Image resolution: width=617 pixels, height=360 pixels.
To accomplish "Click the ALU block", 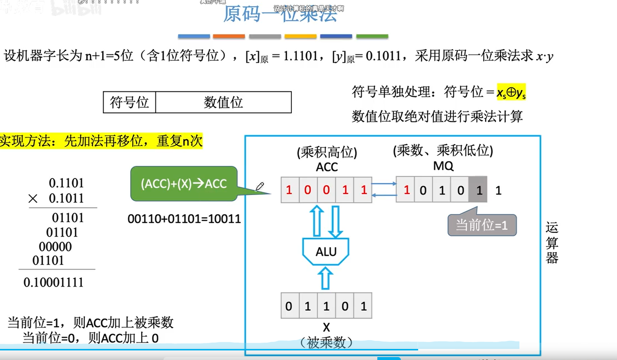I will [326, 251].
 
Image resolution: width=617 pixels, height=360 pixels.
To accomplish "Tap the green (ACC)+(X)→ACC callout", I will [184, 183].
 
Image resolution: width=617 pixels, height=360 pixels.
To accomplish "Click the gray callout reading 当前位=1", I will [482, 225].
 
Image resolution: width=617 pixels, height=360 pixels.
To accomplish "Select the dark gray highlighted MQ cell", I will [478, 190].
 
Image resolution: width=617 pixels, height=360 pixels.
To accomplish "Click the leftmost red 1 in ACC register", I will [289, 190].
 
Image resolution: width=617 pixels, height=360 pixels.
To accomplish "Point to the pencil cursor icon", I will [260, 187].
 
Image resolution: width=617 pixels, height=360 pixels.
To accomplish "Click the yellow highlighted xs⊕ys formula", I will [511, 92].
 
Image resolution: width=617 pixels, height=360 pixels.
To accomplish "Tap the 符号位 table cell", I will [129, 102].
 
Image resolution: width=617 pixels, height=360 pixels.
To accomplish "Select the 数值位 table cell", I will [223, 102].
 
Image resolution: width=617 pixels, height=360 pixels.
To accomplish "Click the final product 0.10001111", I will [53, 282].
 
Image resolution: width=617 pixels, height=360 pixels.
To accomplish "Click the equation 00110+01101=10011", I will [184, 219].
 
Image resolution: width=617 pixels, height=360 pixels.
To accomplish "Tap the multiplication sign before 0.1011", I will [33, 199].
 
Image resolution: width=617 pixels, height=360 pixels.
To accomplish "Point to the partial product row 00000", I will [55, 247].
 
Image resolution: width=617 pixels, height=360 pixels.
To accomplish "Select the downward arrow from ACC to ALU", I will [335, 221].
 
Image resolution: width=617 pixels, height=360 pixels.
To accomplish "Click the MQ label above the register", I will [443, 166].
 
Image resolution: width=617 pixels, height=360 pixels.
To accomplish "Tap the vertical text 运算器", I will [551, 243].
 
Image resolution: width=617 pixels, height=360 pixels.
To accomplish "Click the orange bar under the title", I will [229, 36].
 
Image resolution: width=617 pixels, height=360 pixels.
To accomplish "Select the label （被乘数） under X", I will [326, 343].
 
